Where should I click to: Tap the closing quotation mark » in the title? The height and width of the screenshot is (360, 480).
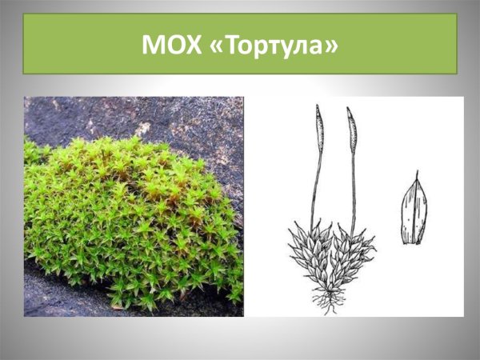[x=329, y=46]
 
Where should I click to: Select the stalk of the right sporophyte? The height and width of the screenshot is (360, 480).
[x=353, y=188]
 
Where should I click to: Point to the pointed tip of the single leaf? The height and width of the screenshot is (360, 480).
[x=416, y=174]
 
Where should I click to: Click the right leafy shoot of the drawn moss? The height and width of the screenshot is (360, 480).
[x=352, y=252]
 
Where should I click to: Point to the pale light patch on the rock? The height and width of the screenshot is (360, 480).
[x=144, y=128]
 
